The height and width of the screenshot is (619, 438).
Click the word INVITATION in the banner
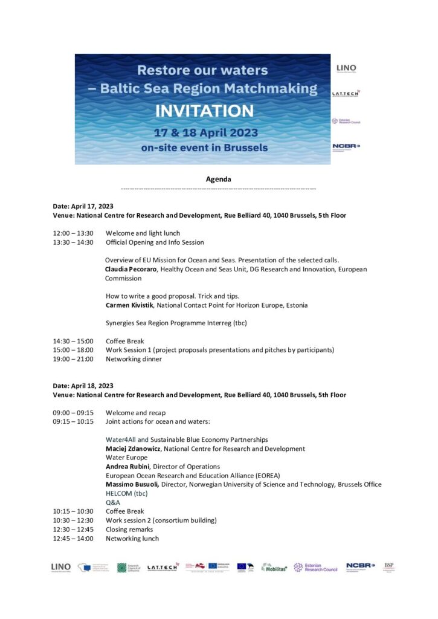click(204, 111)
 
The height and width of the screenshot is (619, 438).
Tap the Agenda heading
click(218, 179)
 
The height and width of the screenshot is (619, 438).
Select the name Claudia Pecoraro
click(130, 269)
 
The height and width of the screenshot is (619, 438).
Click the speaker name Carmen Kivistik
click(129, 305)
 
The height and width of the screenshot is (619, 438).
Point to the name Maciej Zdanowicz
click(134, 449)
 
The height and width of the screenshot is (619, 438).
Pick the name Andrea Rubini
click(128, 467)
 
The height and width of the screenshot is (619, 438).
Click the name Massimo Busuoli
click(132, 484)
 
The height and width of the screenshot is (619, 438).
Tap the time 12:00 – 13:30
click(73, 233)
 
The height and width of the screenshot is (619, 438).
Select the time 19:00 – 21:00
click(73, 359)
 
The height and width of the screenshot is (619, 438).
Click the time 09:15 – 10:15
click(73, 421)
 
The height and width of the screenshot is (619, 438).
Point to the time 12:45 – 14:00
click(73, 538)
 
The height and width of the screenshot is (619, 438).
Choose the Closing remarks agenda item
click(129, 530)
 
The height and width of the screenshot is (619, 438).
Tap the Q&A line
click(113, 502)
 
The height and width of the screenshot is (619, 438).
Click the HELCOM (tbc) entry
click(126, 493)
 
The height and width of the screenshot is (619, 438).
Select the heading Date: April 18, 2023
click(83, 386)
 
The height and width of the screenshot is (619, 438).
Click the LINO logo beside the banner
click(346, 68)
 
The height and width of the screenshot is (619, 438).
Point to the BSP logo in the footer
click(389, 567)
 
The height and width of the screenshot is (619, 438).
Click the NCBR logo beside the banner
click(346, 146)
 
